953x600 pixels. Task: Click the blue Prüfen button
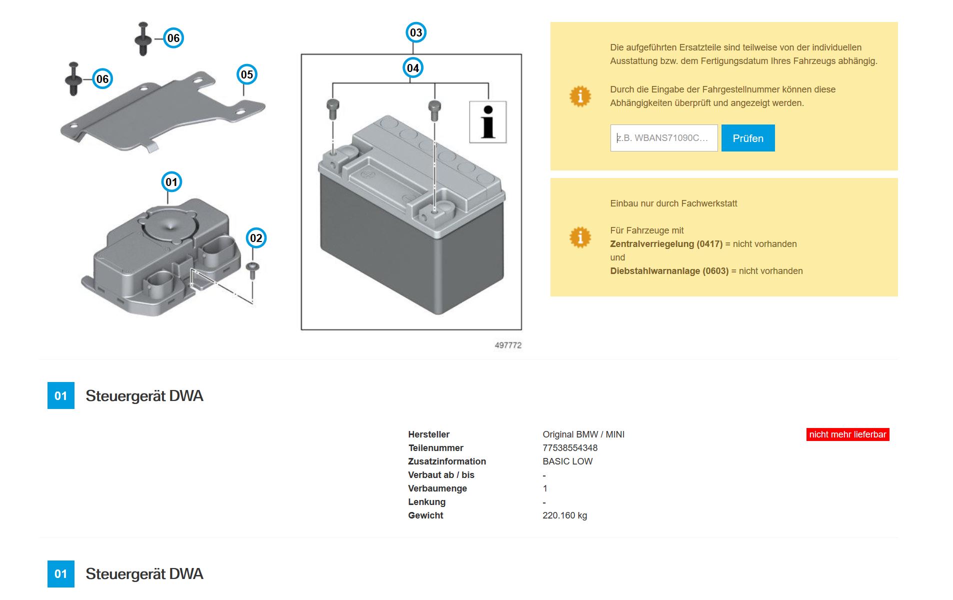(747, 138)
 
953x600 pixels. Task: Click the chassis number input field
(663, 138)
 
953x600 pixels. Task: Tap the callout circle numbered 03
(415, 33)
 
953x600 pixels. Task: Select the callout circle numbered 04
(412, 68)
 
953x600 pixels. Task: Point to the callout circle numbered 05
(246, 75)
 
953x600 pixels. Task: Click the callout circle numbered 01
(171, 182)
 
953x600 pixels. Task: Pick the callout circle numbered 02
(255, 238)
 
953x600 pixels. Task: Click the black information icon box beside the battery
(487, 122)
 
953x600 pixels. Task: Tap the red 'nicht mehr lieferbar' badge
(847, 434)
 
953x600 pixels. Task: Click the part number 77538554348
(570, 448)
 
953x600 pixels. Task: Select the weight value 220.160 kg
(564, 515)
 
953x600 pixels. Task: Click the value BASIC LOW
(567, 461)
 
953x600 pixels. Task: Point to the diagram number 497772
(508, 345)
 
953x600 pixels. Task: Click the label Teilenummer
(435, 448)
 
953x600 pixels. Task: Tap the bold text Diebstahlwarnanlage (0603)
(669, 271)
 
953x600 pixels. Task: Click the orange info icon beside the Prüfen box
(580, 96)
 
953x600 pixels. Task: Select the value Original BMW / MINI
(583, 434)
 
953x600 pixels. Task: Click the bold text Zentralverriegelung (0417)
(666, 244)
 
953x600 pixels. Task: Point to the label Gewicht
(425, 515)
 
